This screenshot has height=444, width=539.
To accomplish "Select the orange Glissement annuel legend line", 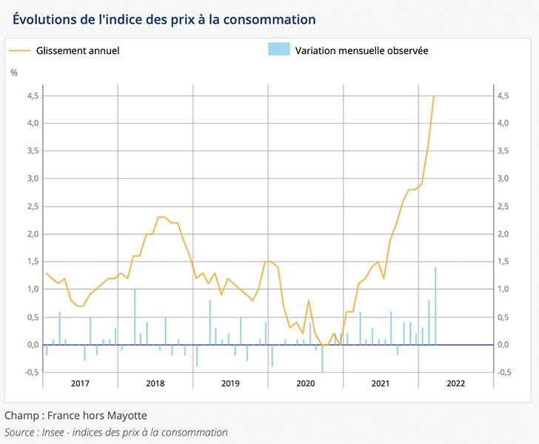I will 21,50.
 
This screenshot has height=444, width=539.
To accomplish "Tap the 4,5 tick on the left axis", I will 33,96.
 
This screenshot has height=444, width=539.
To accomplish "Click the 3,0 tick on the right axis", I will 504,179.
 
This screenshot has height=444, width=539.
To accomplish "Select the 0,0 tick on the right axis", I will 504,345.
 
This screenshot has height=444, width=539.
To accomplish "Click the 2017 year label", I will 80,383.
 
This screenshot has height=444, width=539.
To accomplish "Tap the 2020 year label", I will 305,383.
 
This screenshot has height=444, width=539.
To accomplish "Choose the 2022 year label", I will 455,383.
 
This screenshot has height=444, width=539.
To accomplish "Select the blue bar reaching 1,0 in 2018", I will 135,317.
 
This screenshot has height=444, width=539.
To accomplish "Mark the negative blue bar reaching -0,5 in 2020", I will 322,359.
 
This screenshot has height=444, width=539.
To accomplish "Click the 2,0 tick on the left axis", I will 33,234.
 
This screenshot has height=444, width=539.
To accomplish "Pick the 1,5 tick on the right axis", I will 504,262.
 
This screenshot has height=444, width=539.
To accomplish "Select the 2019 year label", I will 230,383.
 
